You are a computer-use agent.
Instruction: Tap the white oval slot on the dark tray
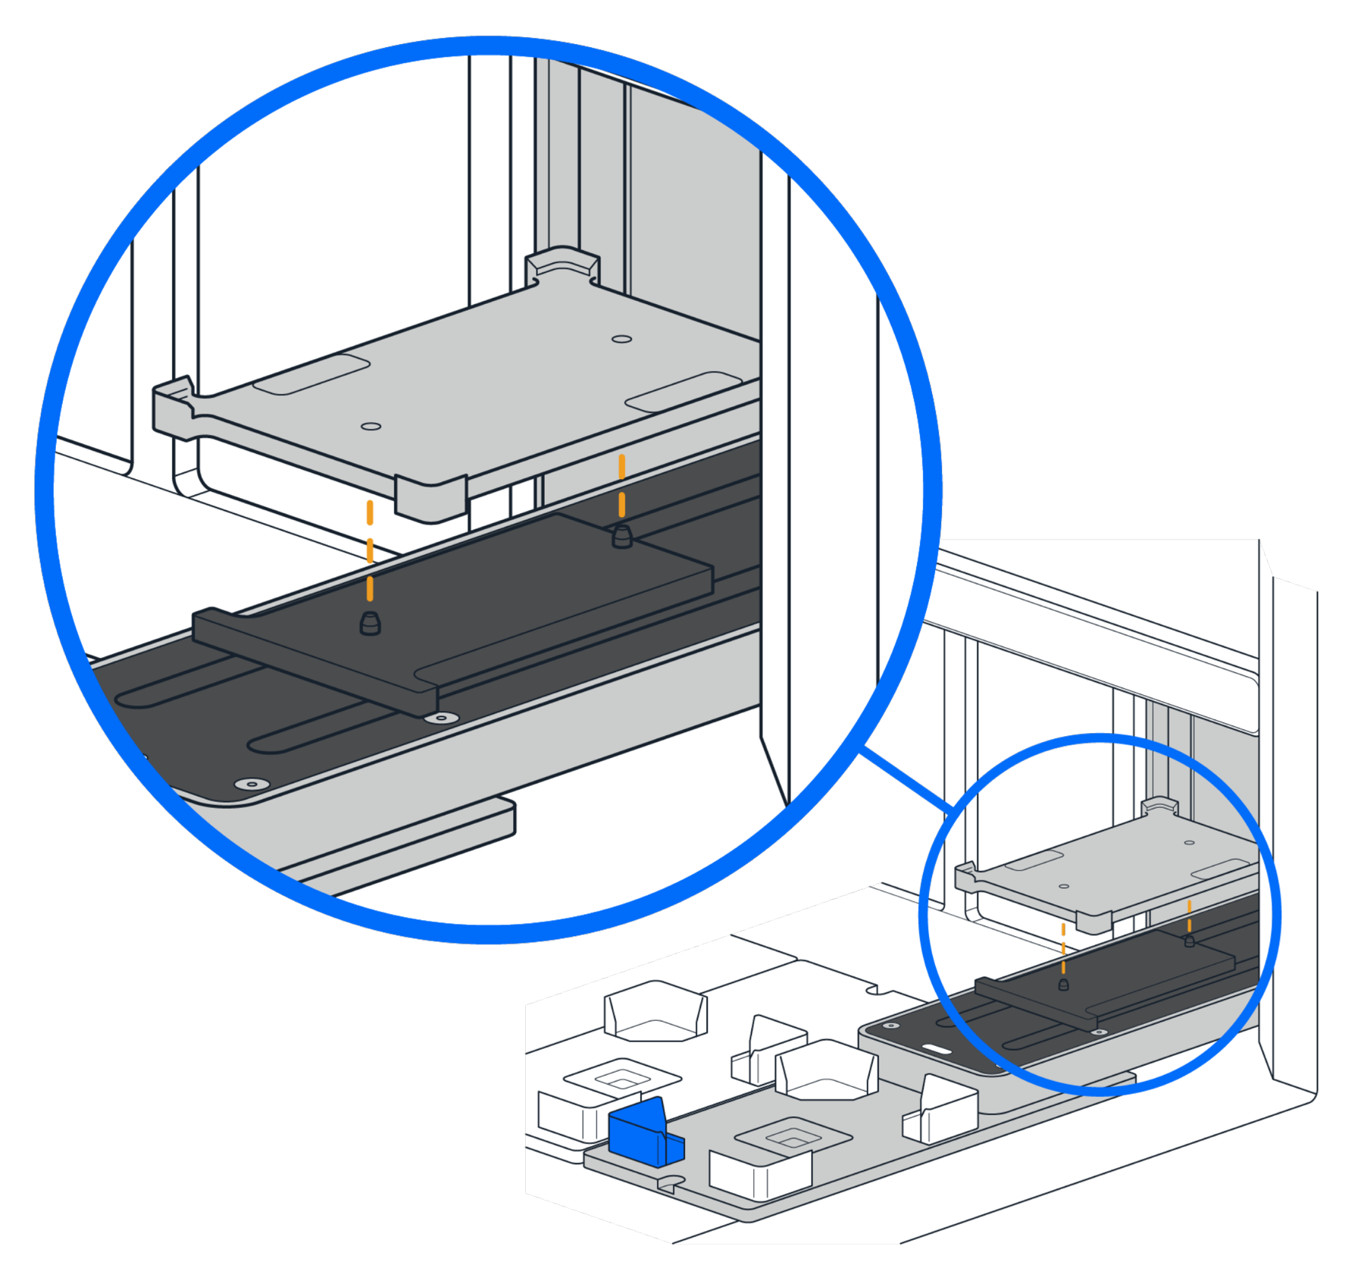937,1050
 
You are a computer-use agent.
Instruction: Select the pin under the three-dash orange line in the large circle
370,623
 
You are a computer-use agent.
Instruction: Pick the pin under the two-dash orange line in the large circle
621,537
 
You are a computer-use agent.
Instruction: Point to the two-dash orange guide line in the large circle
622,486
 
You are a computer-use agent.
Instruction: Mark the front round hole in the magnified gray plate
371,427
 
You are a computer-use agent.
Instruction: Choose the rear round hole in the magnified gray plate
622,339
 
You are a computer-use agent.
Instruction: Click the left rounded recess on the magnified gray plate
311,374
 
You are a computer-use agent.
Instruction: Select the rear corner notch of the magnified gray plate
562,265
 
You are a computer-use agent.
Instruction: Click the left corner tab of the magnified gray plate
174,398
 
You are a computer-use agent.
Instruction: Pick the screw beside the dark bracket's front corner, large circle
441,717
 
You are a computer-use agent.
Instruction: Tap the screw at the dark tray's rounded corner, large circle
252,784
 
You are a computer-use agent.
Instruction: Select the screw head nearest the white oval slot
892,1026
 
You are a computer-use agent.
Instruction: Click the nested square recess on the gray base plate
793,1137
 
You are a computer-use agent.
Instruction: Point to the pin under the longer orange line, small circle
1063,985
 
